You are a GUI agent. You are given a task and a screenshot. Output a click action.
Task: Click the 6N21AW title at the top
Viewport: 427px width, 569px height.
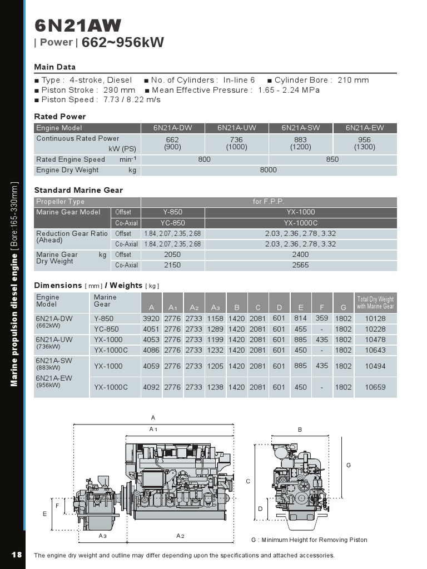click(77, 26)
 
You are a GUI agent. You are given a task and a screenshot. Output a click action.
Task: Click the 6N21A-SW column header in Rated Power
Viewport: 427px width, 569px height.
click(300, 128)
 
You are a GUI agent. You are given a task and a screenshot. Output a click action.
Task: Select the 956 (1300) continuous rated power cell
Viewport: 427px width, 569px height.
click(365, 144)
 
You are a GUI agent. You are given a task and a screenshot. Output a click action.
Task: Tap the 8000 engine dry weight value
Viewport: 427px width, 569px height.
click(268, 170)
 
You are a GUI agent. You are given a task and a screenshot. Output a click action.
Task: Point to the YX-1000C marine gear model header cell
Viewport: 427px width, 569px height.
click(300, 223)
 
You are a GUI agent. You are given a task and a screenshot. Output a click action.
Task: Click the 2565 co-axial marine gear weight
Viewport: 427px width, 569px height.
click(300, 265)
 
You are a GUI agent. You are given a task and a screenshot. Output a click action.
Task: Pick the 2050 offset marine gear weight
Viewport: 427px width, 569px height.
click(172, 254)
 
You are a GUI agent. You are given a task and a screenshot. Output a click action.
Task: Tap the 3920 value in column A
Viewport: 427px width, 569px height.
click(151, 319)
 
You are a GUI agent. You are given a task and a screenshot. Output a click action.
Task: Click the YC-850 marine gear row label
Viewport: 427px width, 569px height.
click(106, 329)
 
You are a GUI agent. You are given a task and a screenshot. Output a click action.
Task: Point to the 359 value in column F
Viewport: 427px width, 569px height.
click(321, 318)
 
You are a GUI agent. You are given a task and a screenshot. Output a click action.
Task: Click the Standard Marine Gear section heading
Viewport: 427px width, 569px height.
click(78, 190)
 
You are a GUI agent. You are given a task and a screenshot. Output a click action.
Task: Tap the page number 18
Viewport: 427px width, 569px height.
click(16, 555)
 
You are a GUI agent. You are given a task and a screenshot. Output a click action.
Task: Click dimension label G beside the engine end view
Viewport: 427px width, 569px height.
click(349, 465)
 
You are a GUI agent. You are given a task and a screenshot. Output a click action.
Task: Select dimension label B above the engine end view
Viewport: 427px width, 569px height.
click(300, 430)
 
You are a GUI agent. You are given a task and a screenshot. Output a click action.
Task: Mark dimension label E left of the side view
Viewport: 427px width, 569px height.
click(45, 514)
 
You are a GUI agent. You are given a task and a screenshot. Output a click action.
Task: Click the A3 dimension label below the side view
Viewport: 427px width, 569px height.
click(102, 536)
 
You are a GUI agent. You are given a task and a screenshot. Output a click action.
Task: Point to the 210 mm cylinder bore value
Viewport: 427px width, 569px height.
click(353, 80)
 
